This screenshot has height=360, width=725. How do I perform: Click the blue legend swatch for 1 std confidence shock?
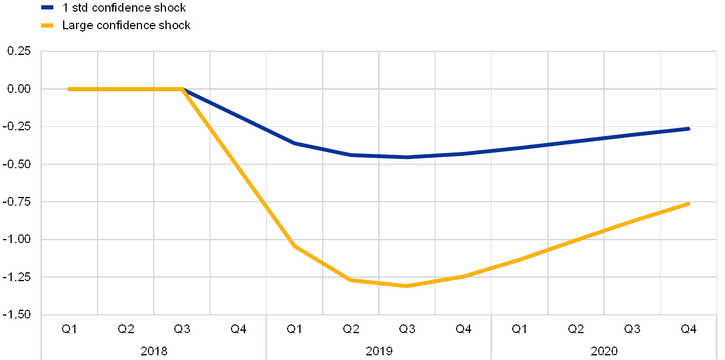pyautogui.click(x=47, y=8)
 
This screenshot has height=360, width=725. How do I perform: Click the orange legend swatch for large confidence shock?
pyautogui.click(x=47, y=25)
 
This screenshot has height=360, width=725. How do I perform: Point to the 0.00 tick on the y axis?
pyautogui.click(x=19, y=89)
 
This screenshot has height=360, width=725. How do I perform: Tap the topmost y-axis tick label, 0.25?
pyautogui.click(x=19, y=51)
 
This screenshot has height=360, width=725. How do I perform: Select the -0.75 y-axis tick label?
pyautogui.click(x=19, y=202)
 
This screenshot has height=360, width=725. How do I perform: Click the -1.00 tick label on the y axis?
pyautogui.click(x=19, y=240)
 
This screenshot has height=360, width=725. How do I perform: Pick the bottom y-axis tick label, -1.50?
pyautogui.click(x=19, y=315)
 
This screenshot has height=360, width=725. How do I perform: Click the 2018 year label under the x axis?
pyautogui.click(x=154, y=351)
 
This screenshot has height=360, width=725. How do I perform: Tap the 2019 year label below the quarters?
pyautogui.click(x=379, y=351)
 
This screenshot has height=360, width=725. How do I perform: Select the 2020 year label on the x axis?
pyautogui.click(x=604, y=351)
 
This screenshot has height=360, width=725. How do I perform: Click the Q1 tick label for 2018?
pyautogui.click(x=69, y=330)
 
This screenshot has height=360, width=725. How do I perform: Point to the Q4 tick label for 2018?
pyautogui.click(x=238, y=330)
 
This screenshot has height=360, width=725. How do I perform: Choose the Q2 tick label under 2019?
pyautogui.click(x=351, y=330)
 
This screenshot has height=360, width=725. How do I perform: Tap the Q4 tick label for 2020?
pyautogui.click(x=689, y=330)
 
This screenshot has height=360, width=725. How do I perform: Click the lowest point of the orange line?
pyautogui.click(x=407, y=286)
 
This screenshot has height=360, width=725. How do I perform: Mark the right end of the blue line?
pyautogui.click(x=689, y=129)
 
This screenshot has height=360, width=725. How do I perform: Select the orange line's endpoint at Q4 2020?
pyautogui.click(x=689, y=203)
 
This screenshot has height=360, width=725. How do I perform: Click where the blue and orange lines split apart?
pyautogui.click(x=182, y=89)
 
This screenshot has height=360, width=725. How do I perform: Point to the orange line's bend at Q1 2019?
pyautogui.click(x=294, y=245)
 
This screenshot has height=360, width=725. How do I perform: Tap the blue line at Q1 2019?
pyautogui.click(x=294, y=143)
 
